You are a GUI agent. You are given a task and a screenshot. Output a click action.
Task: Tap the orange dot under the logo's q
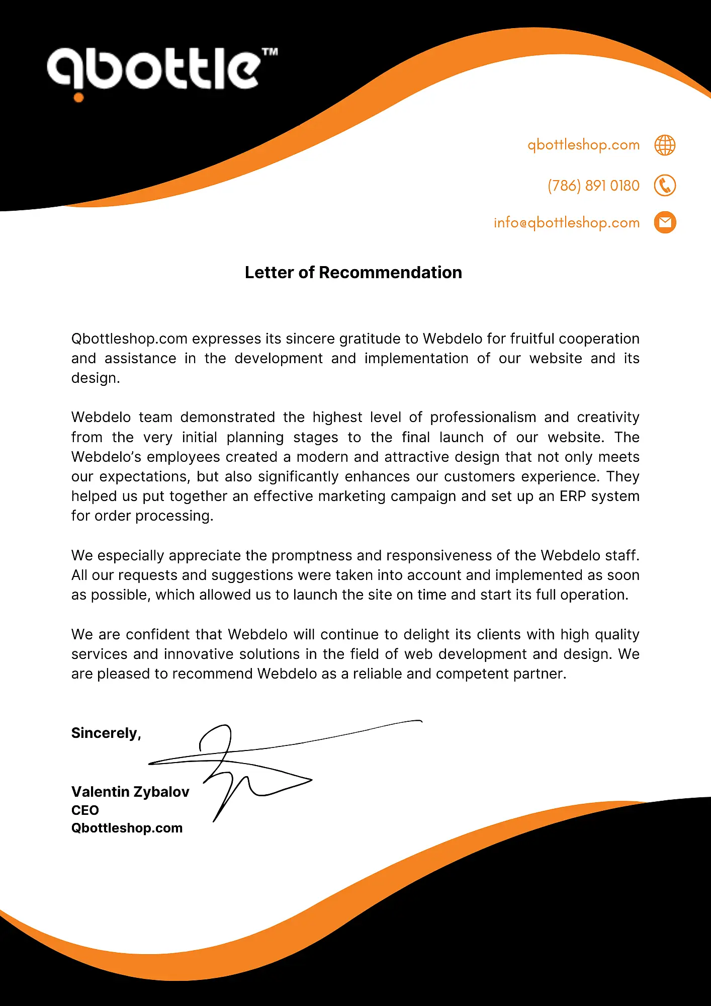[78, 98]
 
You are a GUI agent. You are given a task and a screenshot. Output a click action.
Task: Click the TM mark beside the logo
[270, 52]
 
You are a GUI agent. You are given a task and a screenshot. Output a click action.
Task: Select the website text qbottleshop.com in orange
[583, 145]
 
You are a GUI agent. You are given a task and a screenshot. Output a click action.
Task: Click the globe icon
[665, 145]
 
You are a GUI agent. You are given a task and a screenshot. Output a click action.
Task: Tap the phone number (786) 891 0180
[593, 186]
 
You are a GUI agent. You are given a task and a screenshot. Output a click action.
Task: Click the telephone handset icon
[665, 186]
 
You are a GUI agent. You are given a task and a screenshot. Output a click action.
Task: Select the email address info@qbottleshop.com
[567, 222]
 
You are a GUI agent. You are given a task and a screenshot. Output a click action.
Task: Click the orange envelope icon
[665, 222]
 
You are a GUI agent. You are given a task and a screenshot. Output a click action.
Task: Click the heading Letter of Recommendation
[353, 272]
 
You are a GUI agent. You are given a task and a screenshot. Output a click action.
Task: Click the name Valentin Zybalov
[130, 792]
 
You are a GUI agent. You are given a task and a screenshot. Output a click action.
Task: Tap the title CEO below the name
[85, 810]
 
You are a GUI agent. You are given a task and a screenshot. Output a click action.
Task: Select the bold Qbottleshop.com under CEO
[127, 828]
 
